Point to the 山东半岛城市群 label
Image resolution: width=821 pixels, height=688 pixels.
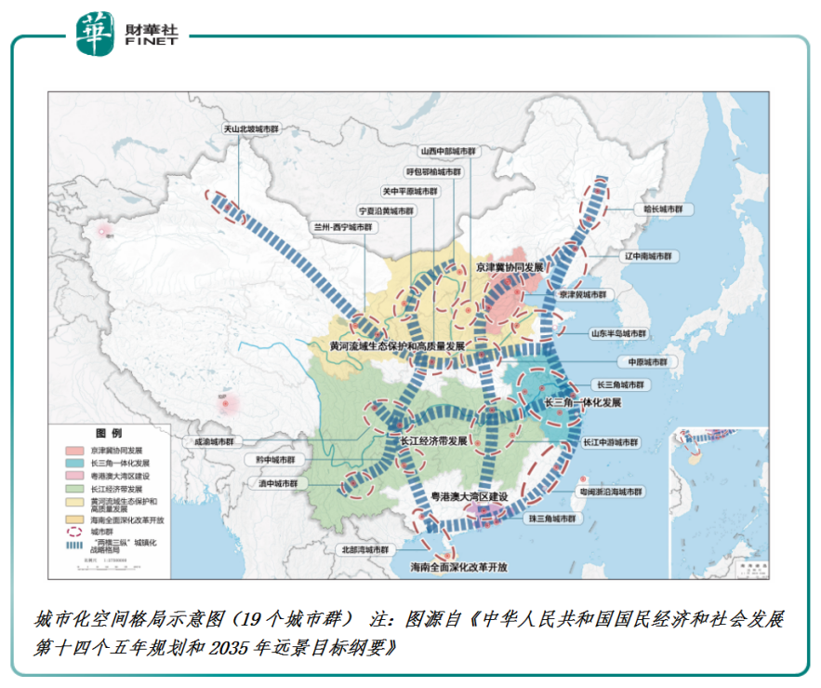point(618,332)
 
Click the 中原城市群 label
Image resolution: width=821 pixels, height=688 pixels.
point(643,361)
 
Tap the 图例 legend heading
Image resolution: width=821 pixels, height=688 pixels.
point(108,434)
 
